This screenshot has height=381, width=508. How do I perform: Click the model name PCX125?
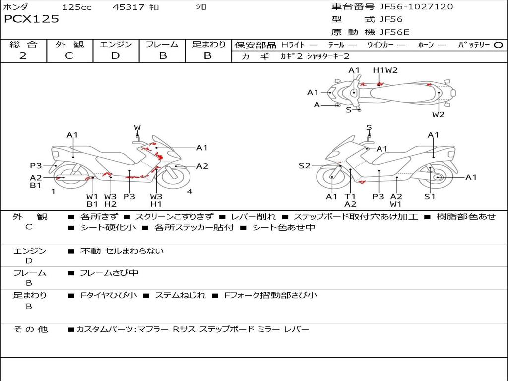coord(31,19)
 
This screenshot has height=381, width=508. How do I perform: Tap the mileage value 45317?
coord(128,7)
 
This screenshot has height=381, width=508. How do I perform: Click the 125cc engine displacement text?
coord(77,7)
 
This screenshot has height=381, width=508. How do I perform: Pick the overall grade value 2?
coord(23,56)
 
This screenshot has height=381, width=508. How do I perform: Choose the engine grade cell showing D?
coord(115,56)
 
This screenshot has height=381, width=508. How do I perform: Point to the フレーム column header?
coord(162,45)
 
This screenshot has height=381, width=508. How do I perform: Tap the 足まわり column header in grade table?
coord(208,45)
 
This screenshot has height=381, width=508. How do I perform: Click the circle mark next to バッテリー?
coord(498,45)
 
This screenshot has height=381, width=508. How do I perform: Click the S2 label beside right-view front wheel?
coord(304,166)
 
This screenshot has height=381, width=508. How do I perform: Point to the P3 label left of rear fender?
coord(36,166)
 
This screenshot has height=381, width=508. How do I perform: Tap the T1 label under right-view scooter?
coord(350,196)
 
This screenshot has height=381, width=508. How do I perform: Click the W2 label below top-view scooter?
coord(438,115)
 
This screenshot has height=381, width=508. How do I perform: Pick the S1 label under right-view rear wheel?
coord(430,196)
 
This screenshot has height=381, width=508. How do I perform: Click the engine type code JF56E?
coord(394,32)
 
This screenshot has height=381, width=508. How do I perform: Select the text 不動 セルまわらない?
coord(122,251)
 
